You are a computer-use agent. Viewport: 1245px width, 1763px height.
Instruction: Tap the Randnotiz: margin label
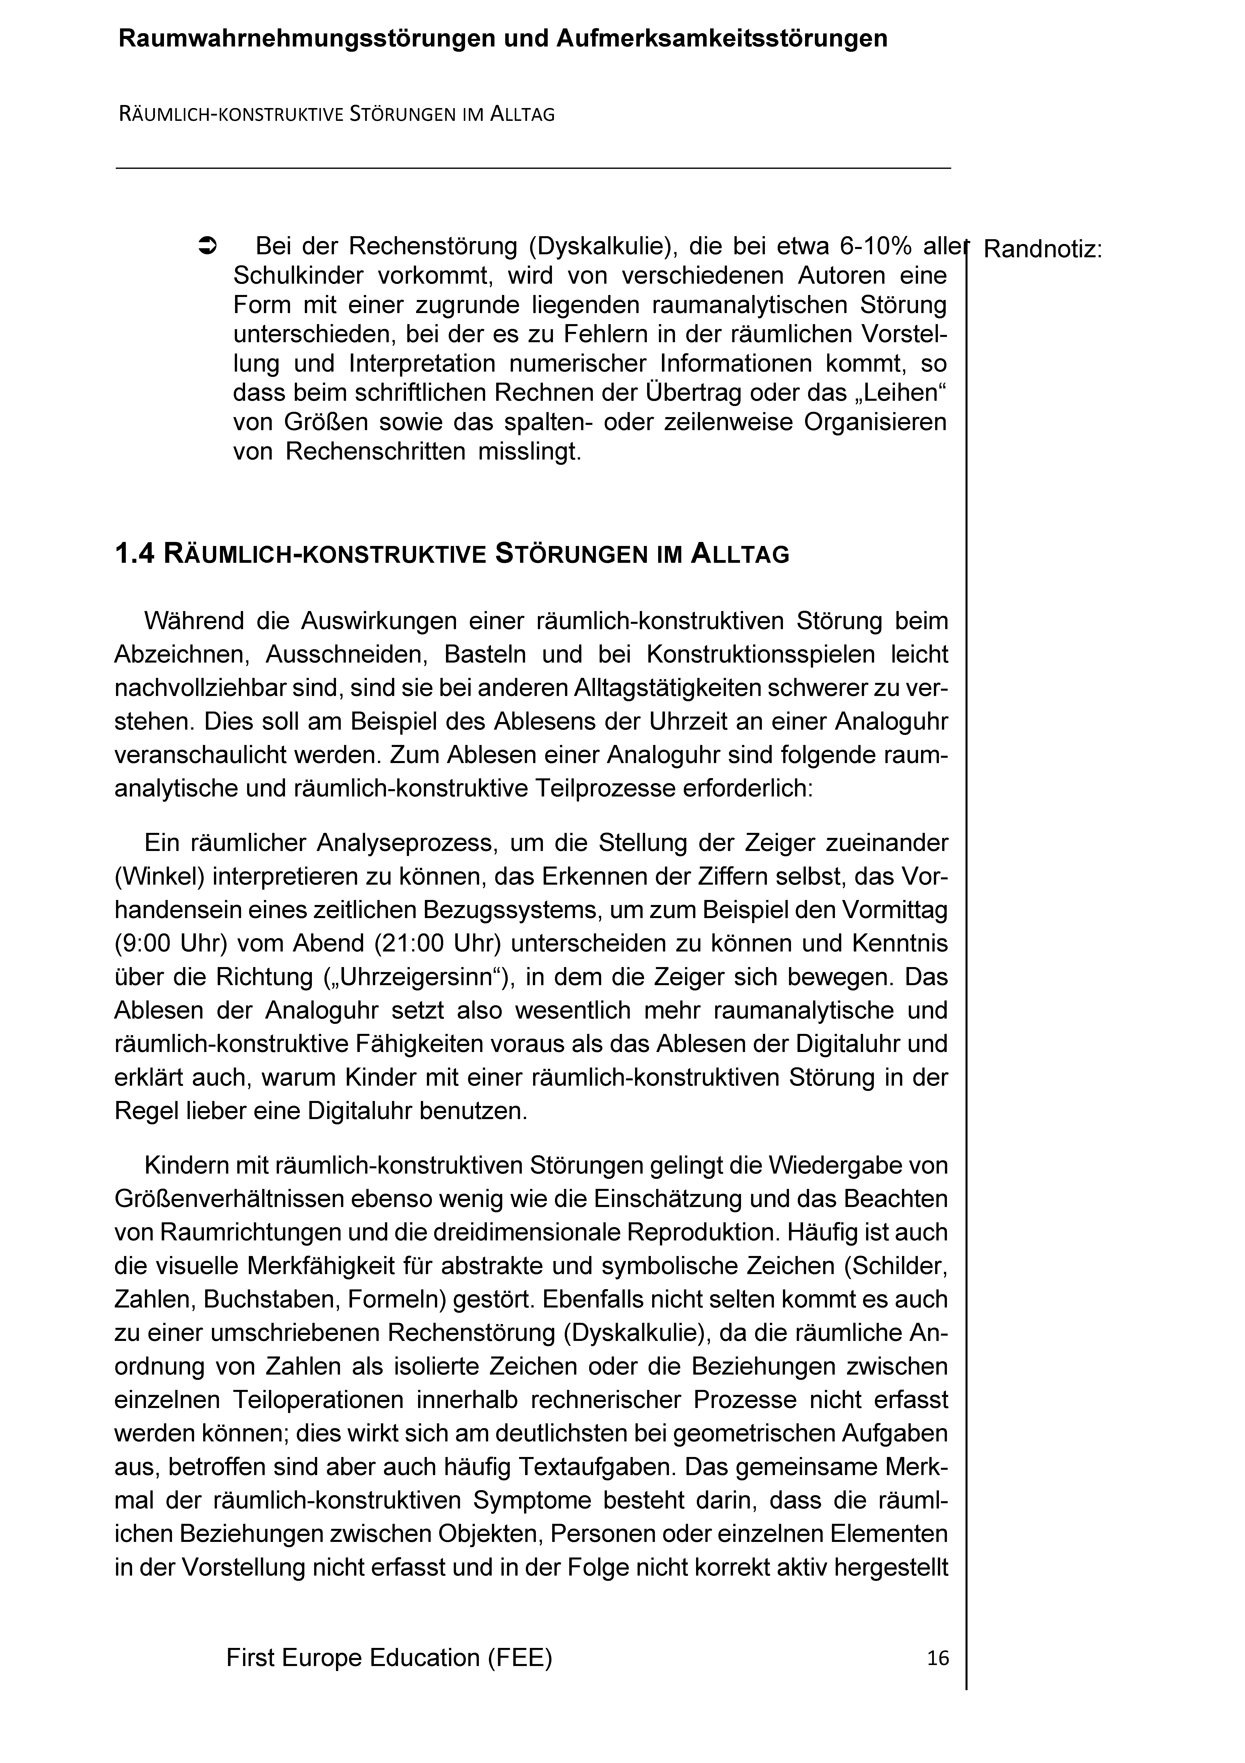coord(1042,249)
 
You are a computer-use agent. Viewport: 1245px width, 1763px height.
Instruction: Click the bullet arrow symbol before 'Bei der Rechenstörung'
coord(208,246)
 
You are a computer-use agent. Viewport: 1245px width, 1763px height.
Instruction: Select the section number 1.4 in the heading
coord(135,554)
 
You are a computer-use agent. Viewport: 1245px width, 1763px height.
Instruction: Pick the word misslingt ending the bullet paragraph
coord(530,451)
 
